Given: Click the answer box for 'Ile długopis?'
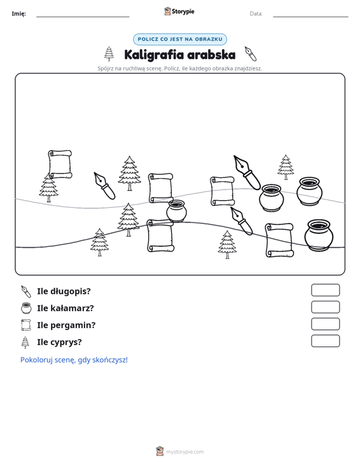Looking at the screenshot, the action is [325, 290].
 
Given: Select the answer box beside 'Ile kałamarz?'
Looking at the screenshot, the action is [325, 307].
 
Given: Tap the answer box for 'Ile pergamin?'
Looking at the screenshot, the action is [325, 324].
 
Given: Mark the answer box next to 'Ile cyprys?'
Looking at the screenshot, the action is [325, 341].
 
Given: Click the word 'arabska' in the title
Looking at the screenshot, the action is [211, 55].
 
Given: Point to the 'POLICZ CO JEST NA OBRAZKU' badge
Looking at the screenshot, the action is [180, 39].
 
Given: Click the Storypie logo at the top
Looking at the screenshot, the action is [179, 11].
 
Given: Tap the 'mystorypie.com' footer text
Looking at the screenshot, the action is [184, 452].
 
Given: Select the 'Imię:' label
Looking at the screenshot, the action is [18, 14].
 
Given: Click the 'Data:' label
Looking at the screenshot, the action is [256, 14].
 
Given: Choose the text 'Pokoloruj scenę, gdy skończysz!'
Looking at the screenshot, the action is [74, 360].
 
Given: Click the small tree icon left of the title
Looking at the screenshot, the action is [109, 54].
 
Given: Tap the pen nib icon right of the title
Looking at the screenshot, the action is [251, 54].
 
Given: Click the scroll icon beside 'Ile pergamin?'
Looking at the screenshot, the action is [26, 325].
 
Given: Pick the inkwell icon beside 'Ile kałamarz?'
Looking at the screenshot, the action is [26, 308].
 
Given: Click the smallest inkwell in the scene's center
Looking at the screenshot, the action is [176, 211].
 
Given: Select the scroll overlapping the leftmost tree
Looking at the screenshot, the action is [60, 164].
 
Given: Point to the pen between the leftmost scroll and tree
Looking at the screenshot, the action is [104, 186].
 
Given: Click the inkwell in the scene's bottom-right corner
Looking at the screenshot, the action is [319, 235].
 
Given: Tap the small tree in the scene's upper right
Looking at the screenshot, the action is [286, 167].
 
